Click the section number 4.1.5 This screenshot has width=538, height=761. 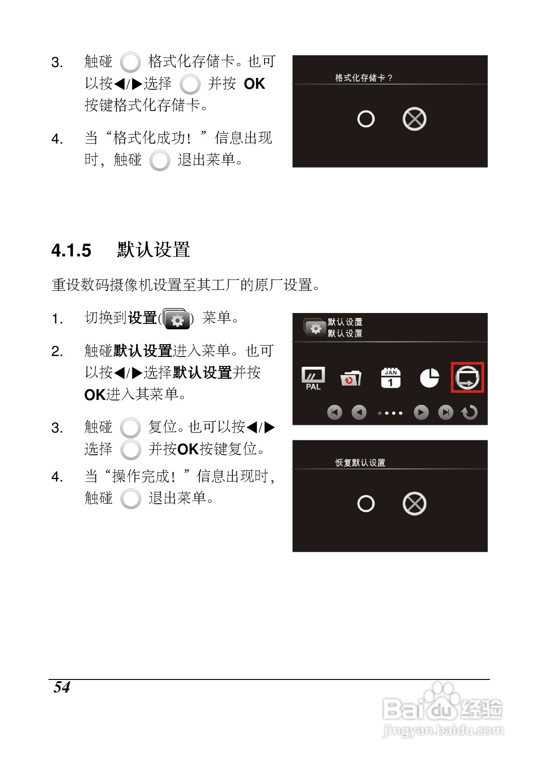[x=71, y=250]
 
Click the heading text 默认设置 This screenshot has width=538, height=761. [x=153, y=250]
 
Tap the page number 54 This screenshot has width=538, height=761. [x=62, y=687]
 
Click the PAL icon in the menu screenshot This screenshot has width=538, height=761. [x=313, y=378]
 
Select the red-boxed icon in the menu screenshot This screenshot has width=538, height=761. [x=467, y=377]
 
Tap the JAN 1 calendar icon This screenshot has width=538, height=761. [x=390, y=377]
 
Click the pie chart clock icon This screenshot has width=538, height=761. [x=429, y=378]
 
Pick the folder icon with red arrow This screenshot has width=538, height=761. [x=351, y=378]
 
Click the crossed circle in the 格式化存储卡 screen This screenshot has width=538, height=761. [x=414, y=119]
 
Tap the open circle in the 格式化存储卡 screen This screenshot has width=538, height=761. [x=365, y=119]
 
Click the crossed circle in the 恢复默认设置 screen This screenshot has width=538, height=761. [x=414, y=504]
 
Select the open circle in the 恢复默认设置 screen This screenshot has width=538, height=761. [x=365, y=504]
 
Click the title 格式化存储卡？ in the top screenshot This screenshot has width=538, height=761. [x=363, y=78]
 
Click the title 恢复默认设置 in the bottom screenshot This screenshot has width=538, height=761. [x=360, y=462]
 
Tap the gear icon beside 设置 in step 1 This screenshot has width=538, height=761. [x=177, y=319]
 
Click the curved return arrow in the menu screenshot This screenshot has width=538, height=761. [x=470, y=413]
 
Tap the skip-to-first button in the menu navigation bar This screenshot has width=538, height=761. [x=334, y=413]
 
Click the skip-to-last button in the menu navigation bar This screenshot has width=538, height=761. [x=445, y=413]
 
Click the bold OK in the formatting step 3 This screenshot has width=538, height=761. [x=254, y=84]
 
